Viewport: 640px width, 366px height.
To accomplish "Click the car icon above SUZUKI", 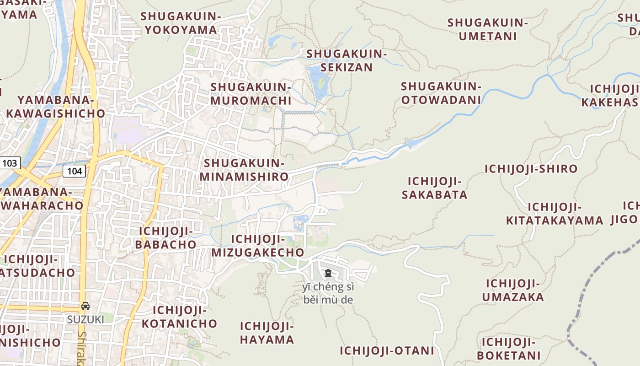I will click(x=85, y=306).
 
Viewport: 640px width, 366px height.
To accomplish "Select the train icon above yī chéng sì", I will click(x=328, y=274).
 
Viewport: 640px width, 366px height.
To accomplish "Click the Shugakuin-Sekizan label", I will click(x=347, y=60).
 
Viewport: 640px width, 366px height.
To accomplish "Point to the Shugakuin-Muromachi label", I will click(x=251, y=94).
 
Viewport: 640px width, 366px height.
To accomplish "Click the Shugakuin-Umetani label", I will click(x=488, y=29).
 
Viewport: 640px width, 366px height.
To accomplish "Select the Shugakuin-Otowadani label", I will click(x=441, y=93).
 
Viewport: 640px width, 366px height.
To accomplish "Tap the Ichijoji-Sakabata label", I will click(x=434, y=188).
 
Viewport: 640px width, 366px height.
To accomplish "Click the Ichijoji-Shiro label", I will click(x=531, y=169).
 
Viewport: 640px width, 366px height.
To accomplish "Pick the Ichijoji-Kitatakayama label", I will click(x=555, y=214).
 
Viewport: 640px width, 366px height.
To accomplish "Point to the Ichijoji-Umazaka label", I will click(x=513, y=290).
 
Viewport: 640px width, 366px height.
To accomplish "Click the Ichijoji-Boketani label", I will click(x=508, y=349).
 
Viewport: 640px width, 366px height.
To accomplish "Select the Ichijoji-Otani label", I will click(x=386, y=351).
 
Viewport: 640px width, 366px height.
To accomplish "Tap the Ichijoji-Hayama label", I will click(x=267, y=333).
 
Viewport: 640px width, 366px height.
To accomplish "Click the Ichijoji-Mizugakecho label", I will click(x=258, y=246).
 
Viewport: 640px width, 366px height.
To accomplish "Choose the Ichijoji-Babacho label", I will click(x=165, y=237).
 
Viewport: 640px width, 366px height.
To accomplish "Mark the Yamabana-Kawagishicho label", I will click(x=55, y=107).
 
